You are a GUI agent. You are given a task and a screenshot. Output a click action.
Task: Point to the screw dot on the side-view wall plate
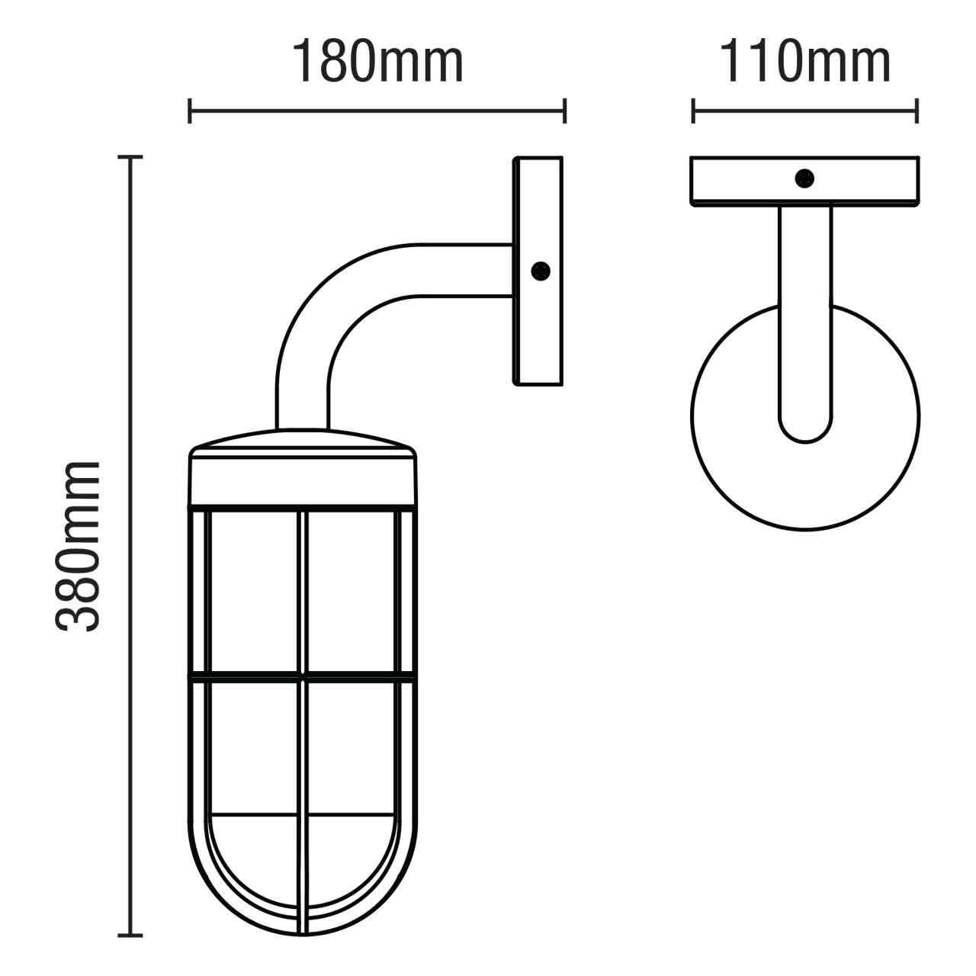point(540,270)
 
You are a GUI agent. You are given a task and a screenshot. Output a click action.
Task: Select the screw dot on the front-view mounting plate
point(804,178)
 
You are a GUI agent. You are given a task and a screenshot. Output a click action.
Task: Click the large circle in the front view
point(732,457)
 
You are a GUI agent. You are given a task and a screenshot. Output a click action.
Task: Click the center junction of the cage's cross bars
point(303,675)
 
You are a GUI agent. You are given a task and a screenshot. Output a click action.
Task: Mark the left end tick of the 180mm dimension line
point(190,110)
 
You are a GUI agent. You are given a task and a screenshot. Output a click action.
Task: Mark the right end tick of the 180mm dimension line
point(564,110)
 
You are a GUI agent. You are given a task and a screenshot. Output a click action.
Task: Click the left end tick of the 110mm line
point(693,110)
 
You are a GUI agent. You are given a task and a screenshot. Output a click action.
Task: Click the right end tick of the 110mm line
point(917,110)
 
